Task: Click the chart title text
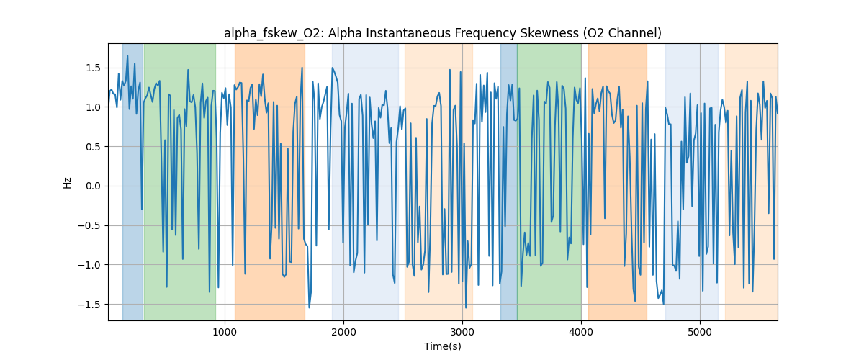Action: pyautogui.click(x=442, y=33)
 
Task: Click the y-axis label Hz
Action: pyautogui.click(x=68, y=182)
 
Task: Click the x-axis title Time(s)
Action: pyautogui.click(x=442, y=346)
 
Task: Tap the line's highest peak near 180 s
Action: pyautogui.click(x=127, y=56)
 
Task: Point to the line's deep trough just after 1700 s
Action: pyautogui.click(x=309, y=307)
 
